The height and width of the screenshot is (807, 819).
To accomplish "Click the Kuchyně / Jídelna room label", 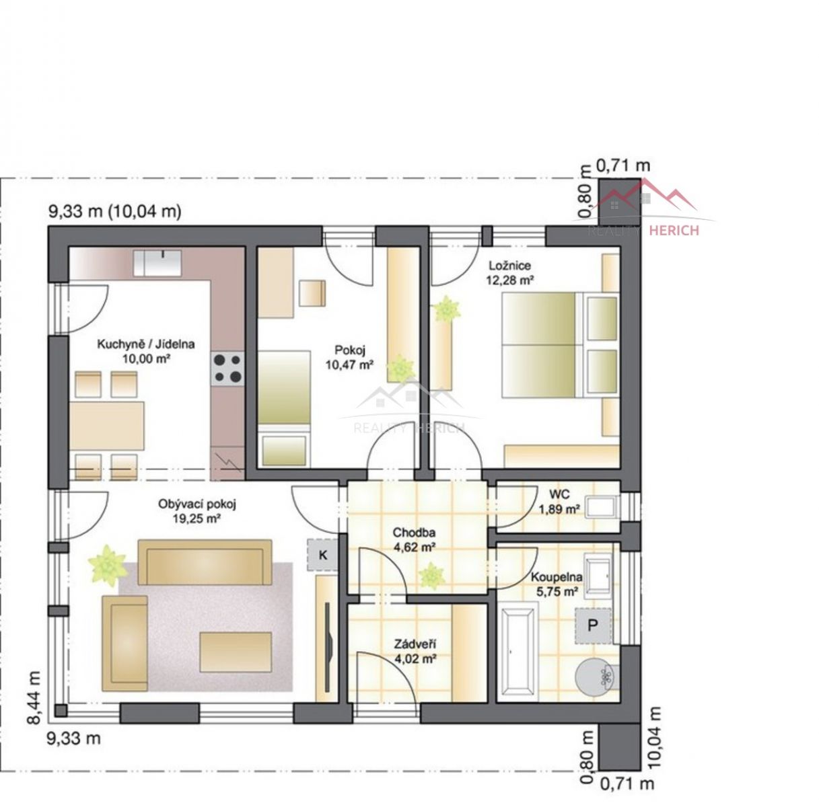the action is [x=146, y=344].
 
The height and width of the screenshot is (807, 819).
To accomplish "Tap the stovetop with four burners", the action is [x=228, y=369].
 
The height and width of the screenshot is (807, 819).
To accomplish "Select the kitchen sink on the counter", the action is [x=157, y=263].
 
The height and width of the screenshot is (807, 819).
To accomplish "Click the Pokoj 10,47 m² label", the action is [x=349, y=357].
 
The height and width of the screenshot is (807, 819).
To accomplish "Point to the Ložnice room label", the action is [x=509, y=266].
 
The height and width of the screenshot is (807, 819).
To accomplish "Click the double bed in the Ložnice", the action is [x=560, y=345].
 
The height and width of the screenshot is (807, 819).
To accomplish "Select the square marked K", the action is [x=323, y=554].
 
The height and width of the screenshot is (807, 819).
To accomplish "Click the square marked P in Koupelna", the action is [x=593, y=625].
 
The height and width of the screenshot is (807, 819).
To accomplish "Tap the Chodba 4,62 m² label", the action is [x=414, y=539].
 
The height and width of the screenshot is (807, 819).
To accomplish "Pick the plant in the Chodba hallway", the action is [x=432, y=576].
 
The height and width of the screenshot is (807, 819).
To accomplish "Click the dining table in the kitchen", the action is [x=107, y=426].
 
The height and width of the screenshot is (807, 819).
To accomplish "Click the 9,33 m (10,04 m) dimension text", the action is [x=115, y=211].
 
